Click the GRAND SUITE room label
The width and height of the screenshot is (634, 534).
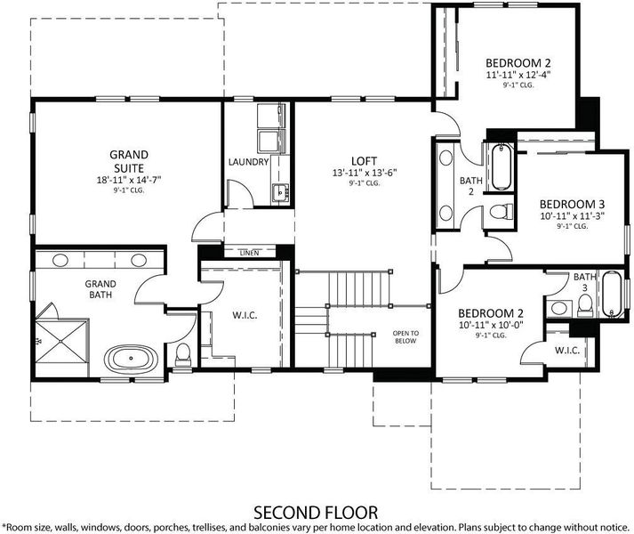129,161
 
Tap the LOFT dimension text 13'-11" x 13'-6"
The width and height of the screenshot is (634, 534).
365,173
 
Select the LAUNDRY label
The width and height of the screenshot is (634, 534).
248,162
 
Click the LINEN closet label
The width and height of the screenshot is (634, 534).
249,253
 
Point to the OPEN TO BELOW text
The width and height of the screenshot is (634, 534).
405,337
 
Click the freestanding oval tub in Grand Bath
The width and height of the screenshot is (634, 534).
131,359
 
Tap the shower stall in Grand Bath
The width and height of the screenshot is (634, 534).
61,342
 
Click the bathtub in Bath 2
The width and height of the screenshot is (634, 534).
502,166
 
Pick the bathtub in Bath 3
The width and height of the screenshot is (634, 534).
612,294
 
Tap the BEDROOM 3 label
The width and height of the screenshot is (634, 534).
572,204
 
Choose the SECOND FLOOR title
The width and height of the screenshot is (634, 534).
316,513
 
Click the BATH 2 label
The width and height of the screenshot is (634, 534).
471,186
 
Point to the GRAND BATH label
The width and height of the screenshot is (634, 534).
100,289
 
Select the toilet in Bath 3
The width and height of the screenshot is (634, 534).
585,305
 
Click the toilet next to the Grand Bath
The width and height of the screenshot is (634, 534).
183,353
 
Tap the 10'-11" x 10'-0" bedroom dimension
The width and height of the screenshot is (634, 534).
491,325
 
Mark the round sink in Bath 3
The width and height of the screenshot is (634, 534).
558,308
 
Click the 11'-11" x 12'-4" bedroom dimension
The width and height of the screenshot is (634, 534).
518,75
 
